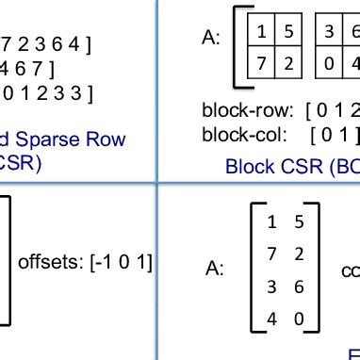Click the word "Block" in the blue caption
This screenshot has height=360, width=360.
(248, 167)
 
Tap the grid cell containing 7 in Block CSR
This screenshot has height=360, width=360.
(261, 64)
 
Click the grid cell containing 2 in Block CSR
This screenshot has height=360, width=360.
(289, 64)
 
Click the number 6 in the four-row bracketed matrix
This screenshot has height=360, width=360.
(298, 286)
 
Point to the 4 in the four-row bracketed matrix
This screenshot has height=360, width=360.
(271, 318)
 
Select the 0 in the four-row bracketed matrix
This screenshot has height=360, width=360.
(298, 318)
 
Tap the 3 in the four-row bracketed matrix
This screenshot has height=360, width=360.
(271, 286)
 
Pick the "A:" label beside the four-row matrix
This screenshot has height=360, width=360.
(216, 269)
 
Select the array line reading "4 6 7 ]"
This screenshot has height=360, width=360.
(28, 68)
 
